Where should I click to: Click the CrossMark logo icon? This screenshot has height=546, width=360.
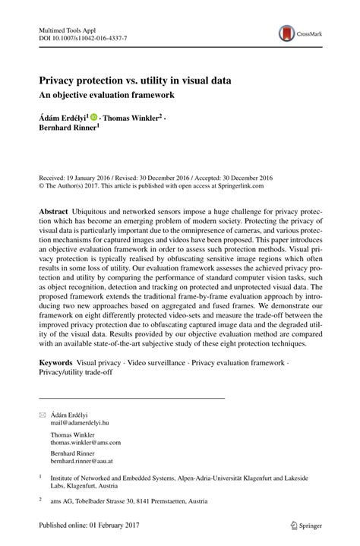pyautogui.click(x=287, y=33)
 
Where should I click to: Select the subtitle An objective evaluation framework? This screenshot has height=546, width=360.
pyautogui.click(x=107, y=95)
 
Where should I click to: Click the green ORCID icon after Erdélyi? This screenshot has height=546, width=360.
pyautogui.click(x=94, y=118)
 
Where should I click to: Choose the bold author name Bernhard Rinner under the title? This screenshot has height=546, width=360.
pyautogui.click(x=69, y=128)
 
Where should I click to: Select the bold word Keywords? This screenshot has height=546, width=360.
pyautogui.click(x=58, y=363)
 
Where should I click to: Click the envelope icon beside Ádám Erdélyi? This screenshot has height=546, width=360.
pyautogui.click(x=42, y=415)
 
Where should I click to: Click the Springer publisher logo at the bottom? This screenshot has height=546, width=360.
pyautogui.click(x=307, y=523)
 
